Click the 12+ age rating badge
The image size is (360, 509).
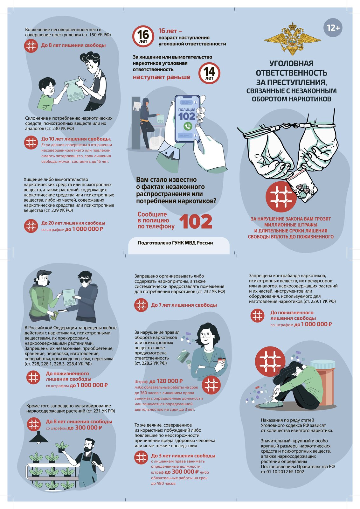[333, 28]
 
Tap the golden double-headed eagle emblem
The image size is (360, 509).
[292, 38]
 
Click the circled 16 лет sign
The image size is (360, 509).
[143, 36]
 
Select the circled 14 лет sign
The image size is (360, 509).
[209, 73]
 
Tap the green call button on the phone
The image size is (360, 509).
[188, 126]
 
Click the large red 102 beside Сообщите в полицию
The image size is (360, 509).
[196, 221]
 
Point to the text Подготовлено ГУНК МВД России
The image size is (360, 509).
[175, 243]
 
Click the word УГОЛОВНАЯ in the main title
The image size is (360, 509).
[291, 63]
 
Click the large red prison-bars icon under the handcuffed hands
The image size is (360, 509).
[281, 197]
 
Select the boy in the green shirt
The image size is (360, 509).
[50, 93]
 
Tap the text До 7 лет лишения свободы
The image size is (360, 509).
[184, 305]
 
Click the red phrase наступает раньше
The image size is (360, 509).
[162, 77]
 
